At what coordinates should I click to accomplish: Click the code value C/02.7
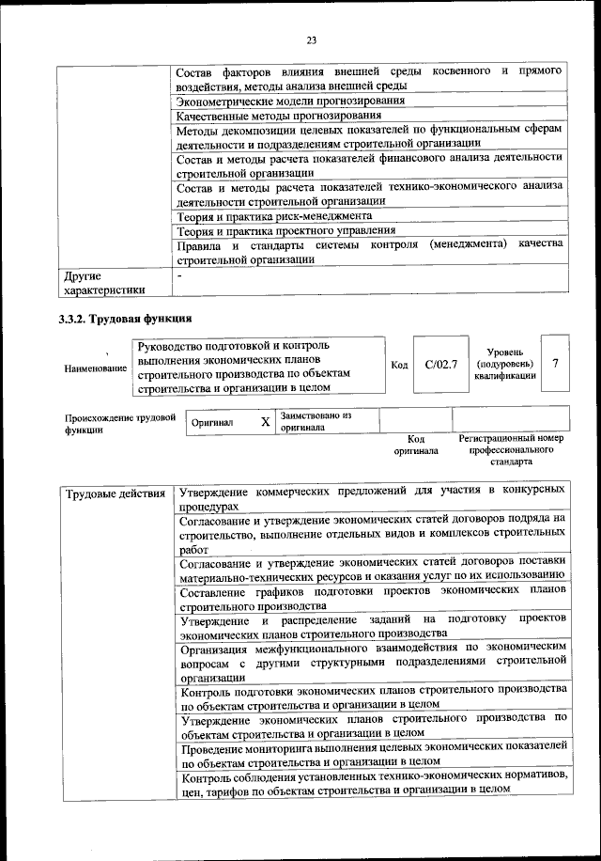(x=440, y=364)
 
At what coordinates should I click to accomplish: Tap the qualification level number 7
(x=556, y=363)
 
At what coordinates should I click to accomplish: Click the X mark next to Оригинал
(x=265, y=423)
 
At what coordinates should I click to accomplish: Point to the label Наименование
(x=96, y=368)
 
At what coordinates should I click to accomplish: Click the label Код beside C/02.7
(x=398, y=364)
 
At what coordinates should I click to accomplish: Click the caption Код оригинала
(x=416, y=445)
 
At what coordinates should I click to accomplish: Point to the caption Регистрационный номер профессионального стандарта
(x=511, y=450)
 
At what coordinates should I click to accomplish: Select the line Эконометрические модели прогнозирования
(x=291, y=101)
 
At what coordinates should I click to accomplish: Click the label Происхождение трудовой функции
(x=119, y=423)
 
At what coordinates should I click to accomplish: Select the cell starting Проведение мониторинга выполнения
(x=373, y=753)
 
